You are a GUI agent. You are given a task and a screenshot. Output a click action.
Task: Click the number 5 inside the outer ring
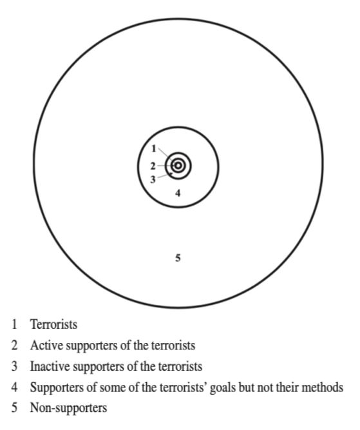click(178, 258)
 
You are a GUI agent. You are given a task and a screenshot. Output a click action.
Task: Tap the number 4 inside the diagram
click(178, 193)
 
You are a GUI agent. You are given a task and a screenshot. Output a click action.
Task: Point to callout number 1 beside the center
click(154, 149)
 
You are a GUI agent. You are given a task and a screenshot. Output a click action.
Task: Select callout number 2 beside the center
click(153, 166)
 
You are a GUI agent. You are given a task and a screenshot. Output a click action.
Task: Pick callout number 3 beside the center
click(153, 179)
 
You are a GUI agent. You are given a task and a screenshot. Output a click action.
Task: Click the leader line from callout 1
click(166, 155)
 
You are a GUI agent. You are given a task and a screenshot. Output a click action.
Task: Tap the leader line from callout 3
click(166, 176)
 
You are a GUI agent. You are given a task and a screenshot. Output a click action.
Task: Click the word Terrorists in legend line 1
click(53, 324)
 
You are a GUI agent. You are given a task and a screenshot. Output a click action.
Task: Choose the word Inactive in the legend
click(50, 366)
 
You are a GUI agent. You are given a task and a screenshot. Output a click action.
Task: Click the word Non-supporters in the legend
click(68, 408)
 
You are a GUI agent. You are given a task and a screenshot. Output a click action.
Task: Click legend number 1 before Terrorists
click(15, 324)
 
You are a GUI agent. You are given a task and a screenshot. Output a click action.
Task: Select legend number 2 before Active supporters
click(15, 345)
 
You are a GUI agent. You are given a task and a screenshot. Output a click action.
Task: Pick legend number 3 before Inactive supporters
click(15, 366)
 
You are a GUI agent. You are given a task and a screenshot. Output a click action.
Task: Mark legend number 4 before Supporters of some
click(15, 387)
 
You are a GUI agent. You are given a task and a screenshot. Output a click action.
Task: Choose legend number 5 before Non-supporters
click(15, 408)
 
